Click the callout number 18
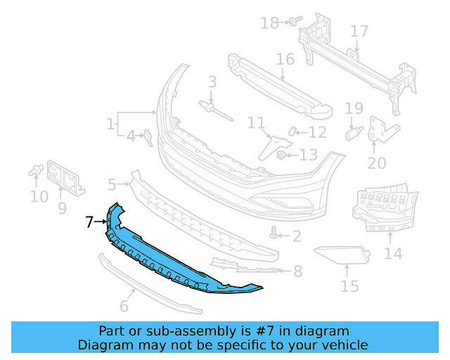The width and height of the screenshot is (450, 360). [269, 23]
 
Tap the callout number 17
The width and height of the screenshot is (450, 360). [359, 32]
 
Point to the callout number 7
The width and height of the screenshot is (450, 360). [89, 222]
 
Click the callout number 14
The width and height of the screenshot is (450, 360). [393, 253]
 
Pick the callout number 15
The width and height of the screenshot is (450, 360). [349, 286]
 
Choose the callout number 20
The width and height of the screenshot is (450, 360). [377, 163]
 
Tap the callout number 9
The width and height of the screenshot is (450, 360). [62, 208]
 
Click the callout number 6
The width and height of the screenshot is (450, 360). [124, 306]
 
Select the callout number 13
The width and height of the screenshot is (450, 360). [309, 155]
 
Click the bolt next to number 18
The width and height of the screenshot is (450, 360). [292, 22]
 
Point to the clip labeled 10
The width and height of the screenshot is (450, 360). [37, 170]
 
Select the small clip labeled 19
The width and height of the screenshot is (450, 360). [354, 131]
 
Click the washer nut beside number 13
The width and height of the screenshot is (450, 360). [281, 155]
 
